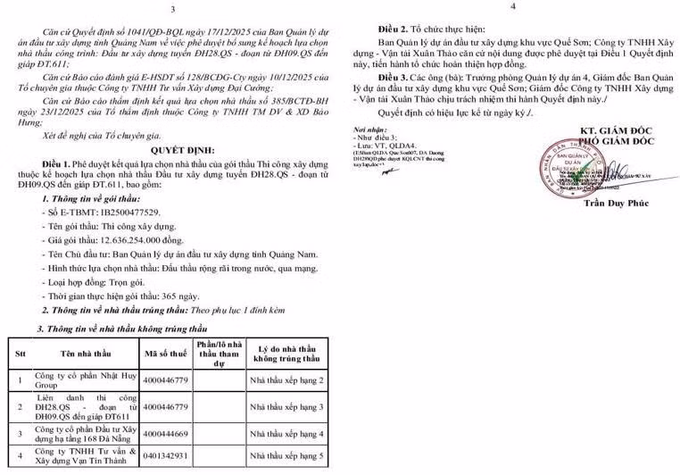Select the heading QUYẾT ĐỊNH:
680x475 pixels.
click(170, 175)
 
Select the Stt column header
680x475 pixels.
click(18, 354)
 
